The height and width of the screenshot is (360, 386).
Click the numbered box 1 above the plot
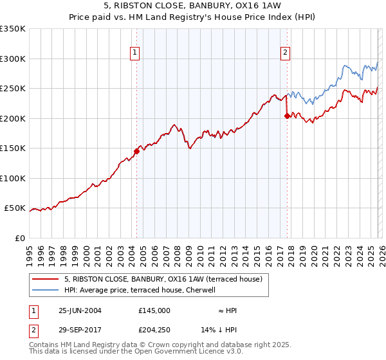pyautogui.click(x=135, y=53)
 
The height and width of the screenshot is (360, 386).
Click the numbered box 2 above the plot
pyautogui.click(x=285, y=53)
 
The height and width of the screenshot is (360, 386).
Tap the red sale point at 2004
pyautogui.click(x=136, y=152)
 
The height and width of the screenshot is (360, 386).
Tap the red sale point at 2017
pyautogui.click(x=287, y=116)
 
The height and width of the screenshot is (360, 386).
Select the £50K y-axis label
pyautogui.click(x=15, y=208)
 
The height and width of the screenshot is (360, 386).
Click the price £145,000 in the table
pyautogui.click(x=154, y=310)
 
